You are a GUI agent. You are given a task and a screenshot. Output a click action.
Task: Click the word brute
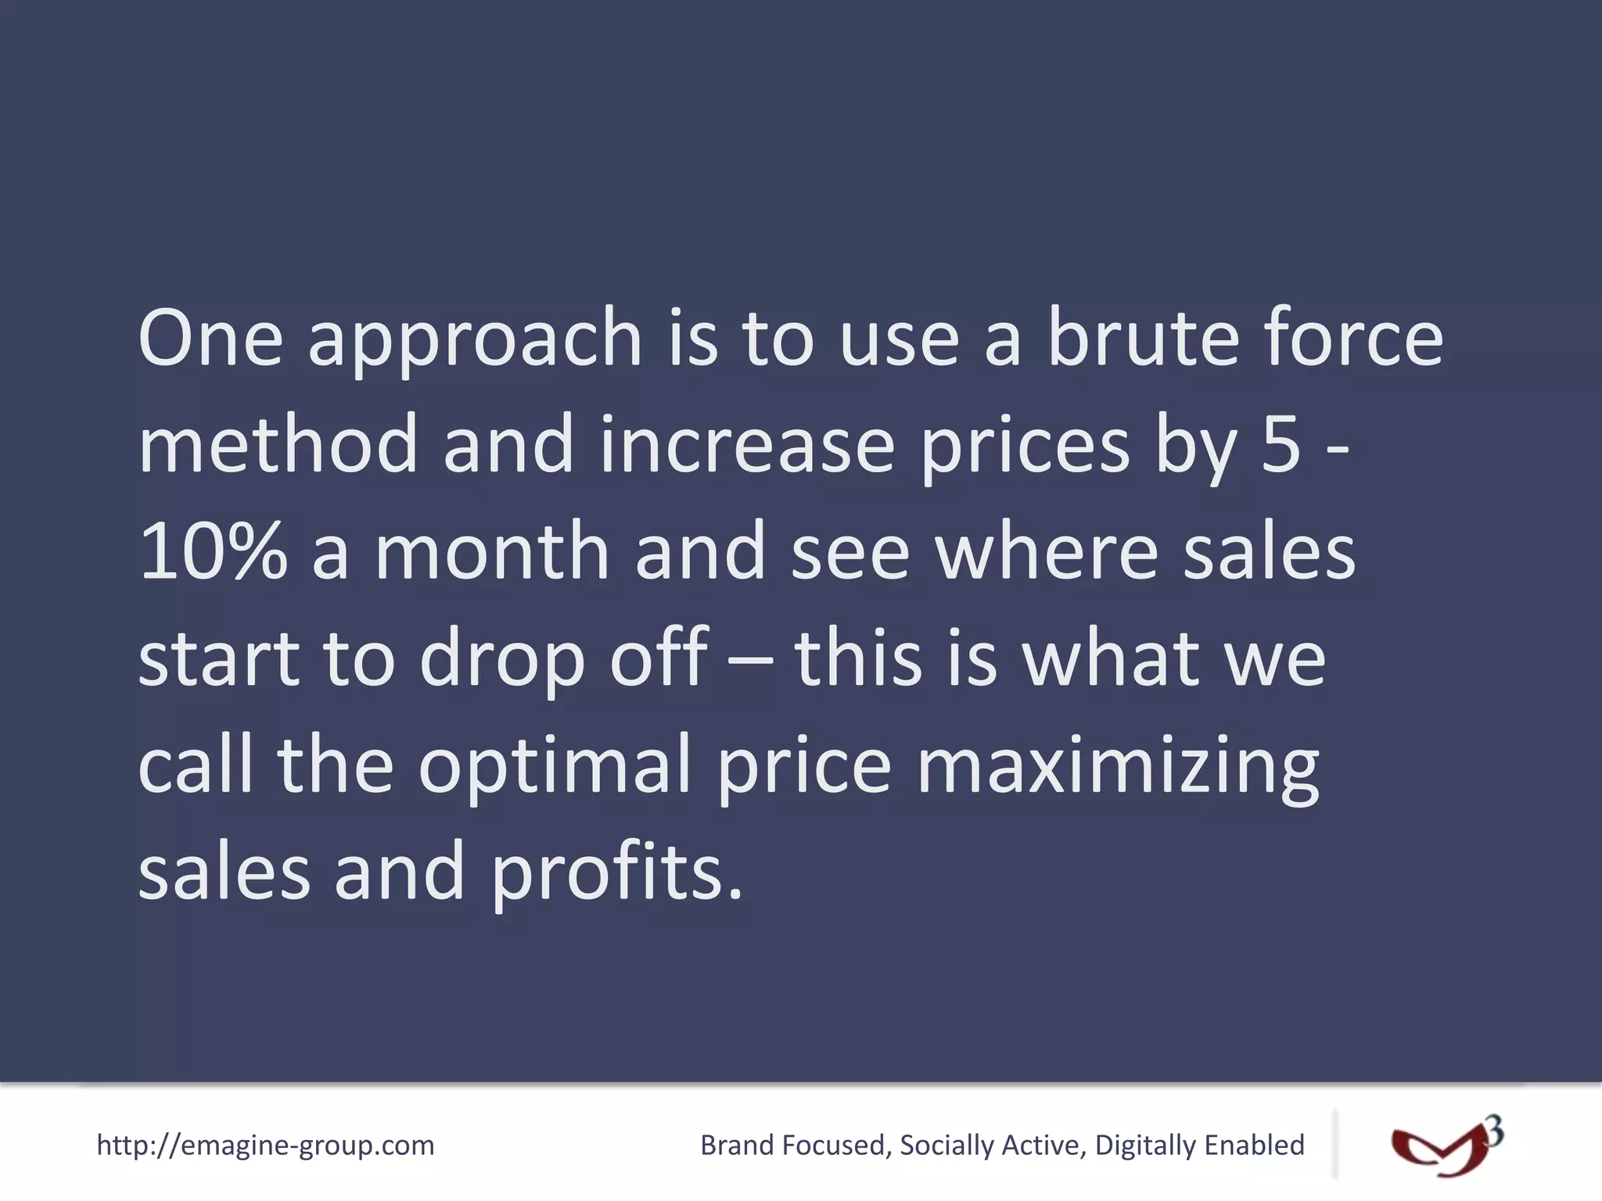1142,338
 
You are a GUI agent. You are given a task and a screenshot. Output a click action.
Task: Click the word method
278,444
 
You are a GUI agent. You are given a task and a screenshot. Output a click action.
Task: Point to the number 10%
213,551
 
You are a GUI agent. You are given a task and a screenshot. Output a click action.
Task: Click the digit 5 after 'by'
1281,444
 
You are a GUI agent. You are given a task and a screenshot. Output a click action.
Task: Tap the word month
492,551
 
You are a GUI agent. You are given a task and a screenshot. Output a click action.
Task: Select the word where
1046,551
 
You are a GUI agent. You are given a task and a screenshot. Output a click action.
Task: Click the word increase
747,444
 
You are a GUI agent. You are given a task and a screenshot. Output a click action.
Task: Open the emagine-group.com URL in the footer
265,1145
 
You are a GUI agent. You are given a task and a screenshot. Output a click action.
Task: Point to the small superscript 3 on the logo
1493,1131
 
